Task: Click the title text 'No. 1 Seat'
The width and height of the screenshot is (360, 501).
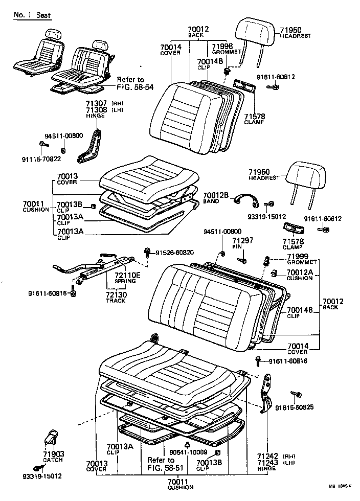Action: point(33,15)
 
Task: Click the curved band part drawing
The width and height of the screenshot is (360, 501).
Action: point(246,199)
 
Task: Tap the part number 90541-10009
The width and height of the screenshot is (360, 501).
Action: point(189,452)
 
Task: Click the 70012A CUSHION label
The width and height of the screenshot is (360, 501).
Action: point(299,275)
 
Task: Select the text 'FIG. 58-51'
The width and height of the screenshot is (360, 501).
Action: point(161,467)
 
